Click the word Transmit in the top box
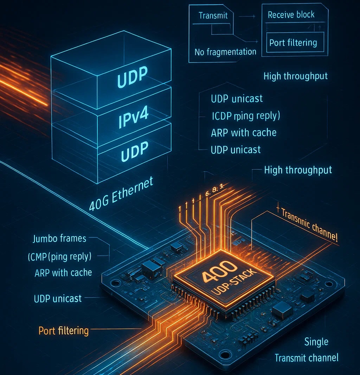[x=213, y=15]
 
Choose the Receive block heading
[x=291, y=15]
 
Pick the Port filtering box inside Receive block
[x=293, y=43]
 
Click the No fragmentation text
[x=225, y=52]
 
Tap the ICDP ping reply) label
[x=245, y=116]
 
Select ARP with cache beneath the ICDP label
[x=244, y=133]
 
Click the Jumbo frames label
[x=59, y=239]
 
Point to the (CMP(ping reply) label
[x=59, y=257]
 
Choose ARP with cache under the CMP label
[x=63, y=273]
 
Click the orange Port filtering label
[x=63, y=331]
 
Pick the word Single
[x=316, y=342]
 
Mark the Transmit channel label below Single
[x=306, y=358]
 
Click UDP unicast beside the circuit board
[x=58, y=298]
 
